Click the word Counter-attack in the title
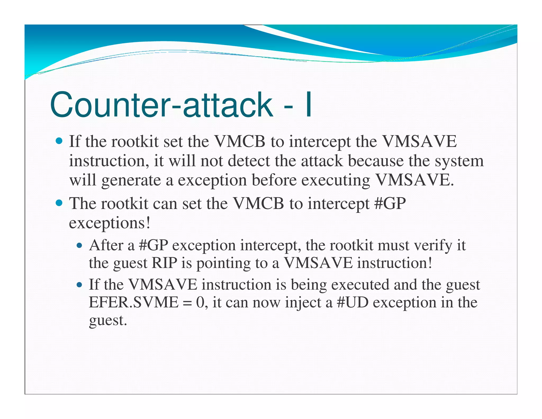(161, 105)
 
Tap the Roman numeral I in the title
(308, 105)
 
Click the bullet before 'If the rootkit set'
(59, 141)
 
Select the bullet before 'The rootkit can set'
(59, 203)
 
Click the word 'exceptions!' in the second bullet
(110, 223)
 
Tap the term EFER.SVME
(133, 302)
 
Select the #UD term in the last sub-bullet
(353, 302)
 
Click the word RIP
(164, 263)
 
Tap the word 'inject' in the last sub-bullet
(303, 303)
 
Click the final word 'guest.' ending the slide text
(108, 321)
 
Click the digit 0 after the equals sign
(200, 302)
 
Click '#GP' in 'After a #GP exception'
(153, 245)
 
